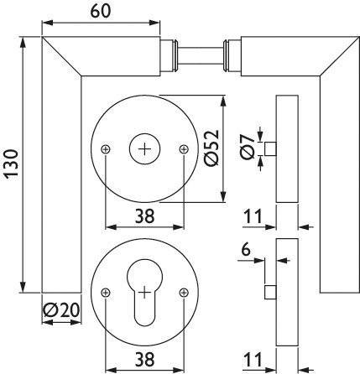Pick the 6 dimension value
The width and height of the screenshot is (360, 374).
coord(245,249)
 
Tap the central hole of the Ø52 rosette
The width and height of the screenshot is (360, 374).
coord(144,149)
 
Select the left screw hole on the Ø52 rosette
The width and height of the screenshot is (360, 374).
coord(105,149)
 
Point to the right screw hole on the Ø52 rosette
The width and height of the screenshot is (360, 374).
coord(184,149)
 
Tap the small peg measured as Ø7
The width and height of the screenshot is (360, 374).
coord(270,149)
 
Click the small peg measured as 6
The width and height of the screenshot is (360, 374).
coord(270,291)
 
